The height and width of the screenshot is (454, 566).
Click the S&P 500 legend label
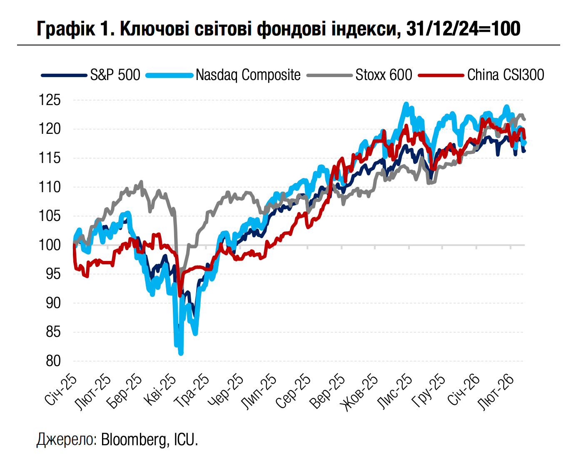115,75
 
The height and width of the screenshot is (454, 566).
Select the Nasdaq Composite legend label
248,75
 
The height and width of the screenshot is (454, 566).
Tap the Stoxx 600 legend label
384,75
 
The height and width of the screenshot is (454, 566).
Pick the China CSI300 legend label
505,75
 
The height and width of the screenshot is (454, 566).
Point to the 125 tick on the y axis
50,100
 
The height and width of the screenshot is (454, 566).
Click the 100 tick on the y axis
50,245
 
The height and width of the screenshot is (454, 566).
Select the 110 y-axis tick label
50,187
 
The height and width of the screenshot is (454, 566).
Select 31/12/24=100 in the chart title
463,29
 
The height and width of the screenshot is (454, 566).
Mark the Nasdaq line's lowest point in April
181,354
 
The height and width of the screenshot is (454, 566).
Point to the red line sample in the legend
441,75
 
